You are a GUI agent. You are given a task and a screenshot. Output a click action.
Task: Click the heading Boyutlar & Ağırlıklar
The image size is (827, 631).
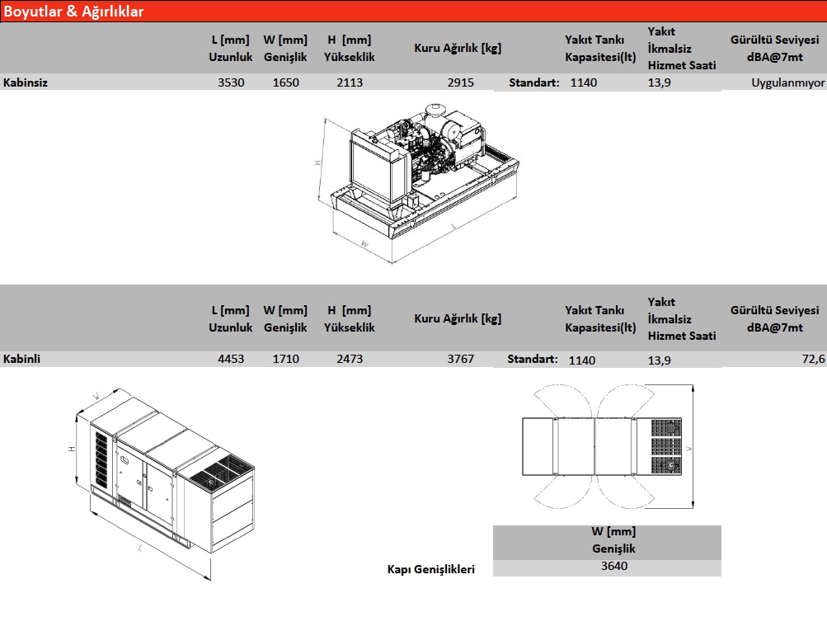pyautogui.click(x=73, y=11)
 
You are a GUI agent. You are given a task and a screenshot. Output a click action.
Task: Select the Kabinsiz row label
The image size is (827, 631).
pyautogui.click(x=26, y=82)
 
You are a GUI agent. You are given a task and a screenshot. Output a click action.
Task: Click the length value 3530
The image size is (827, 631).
pyautogui.click(x=231, y=82)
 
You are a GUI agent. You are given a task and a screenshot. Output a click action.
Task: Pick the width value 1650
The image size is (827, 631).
pyautogui.click(x=286, y=82)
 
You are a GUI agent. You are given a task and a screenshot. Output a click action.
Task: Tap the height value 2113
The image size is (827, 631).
pyautogui.click(x=350, y=82)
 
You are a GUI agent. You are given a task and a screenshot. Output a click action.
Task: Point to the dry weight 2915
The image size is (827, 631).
pyautogui.click(x=460, y=82)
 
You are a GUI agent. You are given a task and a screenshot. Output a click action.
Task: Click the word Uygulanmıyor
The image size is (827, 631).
pyautogui.click(x=788, y=82)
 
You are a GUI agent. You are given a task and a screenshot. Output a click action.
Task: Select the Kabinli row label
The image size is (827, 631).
pyautogui.click(x=21, y=359)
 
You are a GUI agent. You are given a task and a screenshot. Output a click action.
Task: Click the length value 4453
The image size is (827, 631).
pyautogui.click(x=231, y=359)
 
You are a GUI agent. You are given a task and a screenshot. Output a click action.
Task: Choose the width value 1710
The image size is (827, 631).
pyautogui.click(x=286, y=359)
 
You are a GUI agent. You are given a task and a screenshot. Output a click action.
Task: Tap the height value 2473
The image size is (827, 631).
pyautogui.click(x=350, y=359)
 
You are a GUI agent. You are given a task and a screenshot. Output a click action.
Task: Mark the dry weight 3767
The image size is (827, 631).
pyautogui.click(x=460, y=359)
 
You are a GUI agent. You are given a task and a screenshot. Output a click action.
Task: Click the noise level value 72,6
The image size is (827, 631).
pyautogui.click(x=813, y=359)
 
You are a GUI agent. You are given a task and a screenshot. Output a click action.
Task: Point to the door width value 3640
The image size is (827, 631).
pyautogui.click(x=614, y=566)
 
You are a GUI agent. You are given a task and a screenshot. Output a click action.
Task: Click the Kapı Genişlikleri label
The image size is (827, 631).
pyautogui.click(x=431, y=569)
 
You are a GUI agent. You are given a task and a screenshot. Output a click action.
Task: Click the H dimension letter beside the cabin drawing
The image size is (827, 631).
pyautogui.click(x=72, y=449)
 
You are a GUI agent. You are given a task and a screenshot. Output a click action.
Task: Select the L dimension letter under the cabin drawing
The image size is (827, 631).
pyautogui.click(x=140, y=549)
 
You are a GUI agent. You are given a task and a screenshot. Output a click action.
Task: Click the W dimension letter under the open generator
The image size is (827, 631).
pyautogui.click(x=364, y=244)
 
